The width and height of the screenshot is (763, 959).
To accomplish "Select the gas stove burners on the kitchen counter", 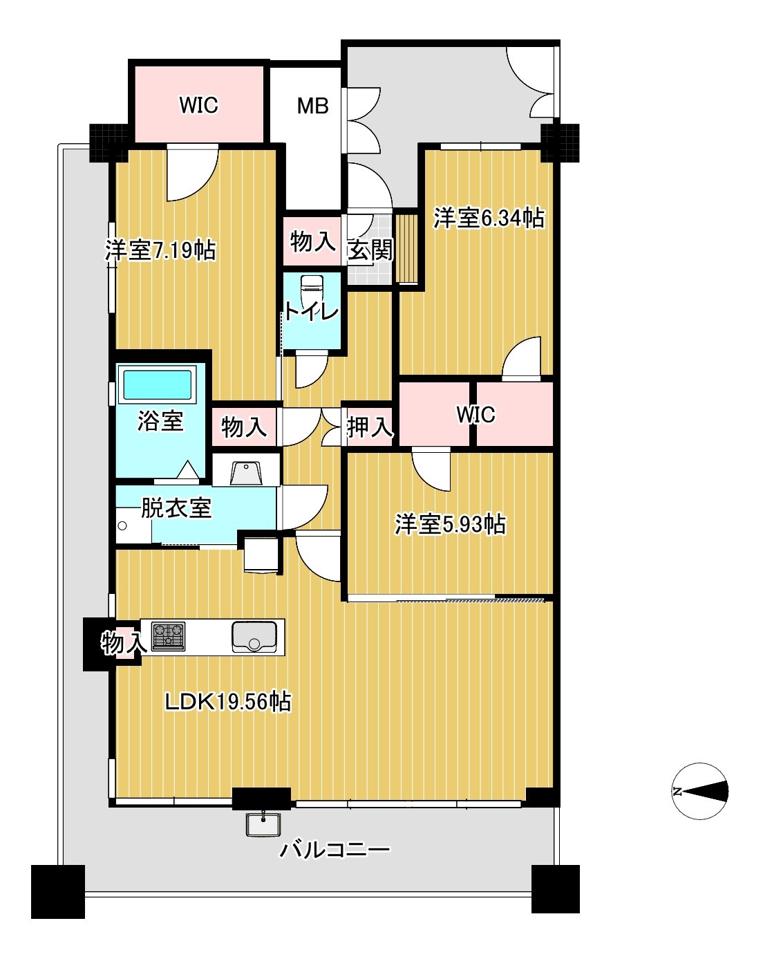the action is (x=169, y=635).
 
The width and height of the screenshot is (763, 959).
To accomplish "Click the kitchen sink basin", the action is (x=254, y=636).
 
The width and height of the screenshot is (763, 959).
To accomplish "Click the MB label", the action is (x=312, y=106).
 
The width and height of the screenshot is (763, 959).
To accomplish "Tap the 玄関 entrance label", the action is (x=370, y=250).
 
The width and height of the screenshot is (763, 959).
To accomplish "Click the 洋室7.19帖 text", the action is (x=160, y=250).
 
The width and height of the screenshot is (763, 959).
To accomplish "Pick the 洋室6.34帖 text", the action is (x=489, y=218).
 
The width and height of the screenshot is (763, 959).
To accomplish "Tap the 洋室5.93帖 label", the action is (x=450, y=525).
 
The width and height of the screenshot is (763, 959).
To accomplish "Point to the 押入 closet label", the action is (x=370, y=427).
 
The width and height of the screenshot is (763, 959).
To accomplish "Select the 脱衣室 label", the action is (x=176, y=508).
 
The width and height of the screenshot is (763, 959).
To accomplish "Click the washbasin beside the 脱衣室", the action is (x=246, y=473).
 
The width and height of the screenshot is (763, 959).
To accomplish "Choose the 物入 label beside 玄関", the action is (x=312, y=242).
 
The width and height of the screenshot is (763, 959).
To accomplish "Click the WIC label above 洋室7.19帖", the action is (x=198, y=105).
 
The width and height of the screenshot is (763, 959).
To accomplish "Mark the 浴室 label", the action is (x=160, y=420).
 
